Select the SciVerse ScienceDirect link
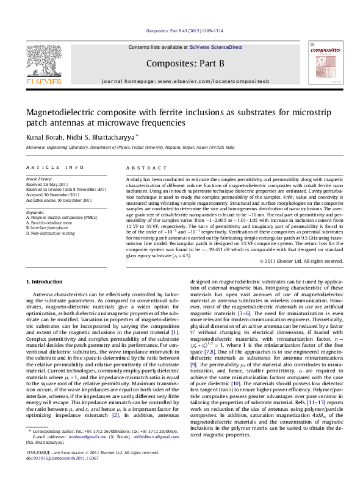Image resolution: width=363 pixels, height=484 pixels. coord(216,47)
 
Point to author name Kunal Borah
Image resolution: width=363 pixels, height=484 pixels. coord(43,137)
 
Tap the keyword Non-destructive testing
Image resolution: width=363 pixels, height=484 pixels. coord(52,233)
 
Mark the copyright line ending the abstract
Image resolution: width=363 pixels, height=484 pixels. coord(301,261)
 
